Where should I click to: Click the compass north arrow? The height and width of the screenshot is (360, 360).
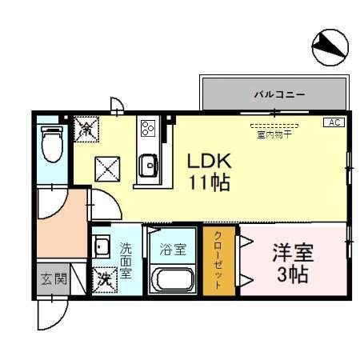[330, 49]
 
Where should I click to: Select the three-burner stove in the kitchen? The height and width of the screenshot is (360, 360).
[147, 128]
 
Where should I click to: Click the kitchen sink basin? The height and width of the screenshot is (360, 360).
[148, 166]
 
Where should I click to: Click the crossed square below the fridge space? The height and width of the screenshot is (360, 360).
[107, 169]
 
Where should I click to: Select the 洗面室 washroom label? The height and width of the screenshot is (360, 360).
[126, 261]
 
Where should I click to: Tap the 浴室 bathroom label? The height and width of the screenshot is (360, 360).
[173, 249]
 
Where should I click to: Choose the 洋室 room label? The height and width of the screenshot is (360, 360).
[293, 254]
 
